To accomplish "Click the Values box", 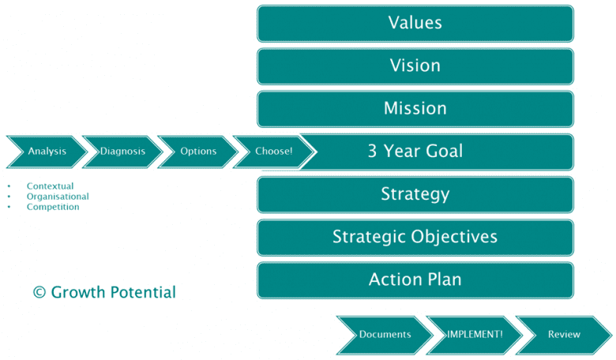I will pos(415,23).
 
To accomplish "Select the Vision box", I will pos(415,66).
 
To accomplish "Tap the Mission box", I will pos(415,108).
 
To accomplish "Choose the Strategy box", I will pos(415,194).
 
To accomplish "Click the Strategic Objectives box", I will pos(415,237).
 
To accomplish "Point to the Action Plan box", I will pos(415,279).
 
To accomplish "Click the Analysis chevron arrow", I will pos(47,152).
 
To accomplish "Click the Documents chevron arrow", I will pos(385,335).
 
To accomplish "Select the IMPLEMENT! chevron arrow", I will pos(474,335).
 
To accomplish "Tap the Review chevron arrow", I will pos(564,335).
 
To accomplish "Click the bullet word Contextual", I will pos(50,186).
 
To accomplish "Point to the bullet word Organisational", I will pos(58,197).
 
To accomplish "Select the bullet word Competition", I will pos(53,207).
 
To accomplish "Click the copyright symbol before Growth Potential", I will pos(39,293).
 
